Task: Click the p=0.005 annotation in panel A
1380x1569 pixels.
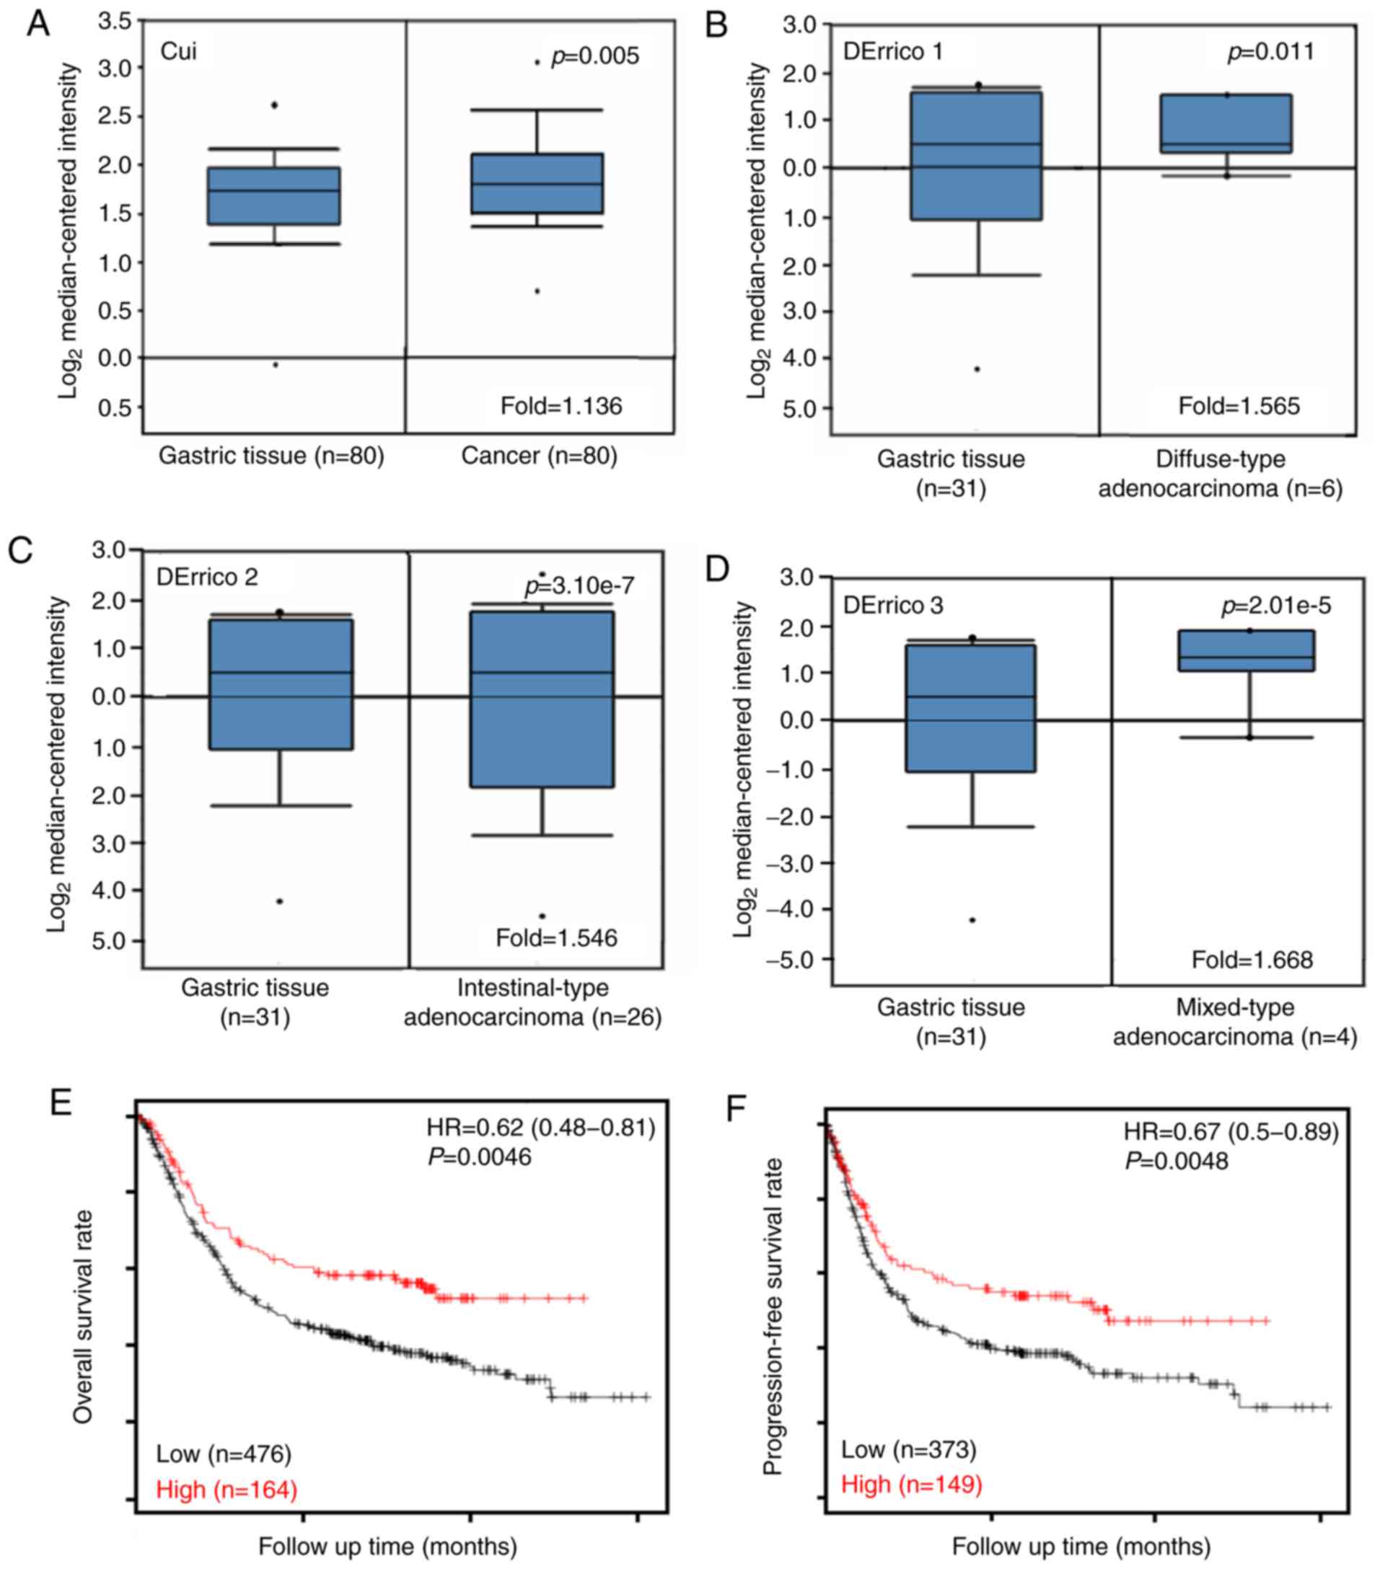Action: [x=595, y=56]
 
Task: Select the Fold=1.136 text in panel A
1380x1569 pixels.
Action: [x=561, y=405]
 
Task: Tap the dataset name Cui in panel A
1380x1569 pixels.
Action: [x=178, y=51]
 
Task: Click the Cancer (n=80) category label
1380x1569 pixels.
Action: [x=539, y=456]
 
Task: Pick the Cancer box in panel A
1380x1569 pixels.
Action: [x=537, y=184]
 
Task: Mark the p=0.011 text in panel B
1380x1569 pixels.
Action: [x=1271, y=51]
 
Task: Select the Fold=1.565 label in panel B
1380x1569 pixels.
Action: [x=1239, y=405]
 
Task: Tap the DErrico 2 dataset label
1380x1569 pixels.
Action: [x=207, y=578]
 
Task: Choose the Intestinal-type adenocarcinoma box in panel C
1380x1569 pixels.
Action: [x=542, y=699]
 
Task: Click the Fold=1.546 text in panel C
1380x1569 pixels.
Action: [x=556, y=937]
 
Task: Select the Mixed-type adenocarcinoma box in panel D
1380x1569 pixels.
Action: [x=1247, y=651]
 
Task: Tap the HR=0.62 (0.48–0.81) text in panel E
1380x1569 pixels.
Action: [x=540, y=1128]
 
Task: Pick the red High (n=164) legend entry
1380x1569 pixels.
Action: [x=227, y=1489]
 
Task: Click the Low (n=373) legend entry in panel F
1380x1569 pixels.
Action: [x=908, y=1449]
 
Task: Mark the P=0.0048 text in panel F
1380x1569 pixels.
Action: [x=1177, y=1161]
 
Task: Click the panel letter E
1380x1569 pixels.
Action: [x=60, y=1103]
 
